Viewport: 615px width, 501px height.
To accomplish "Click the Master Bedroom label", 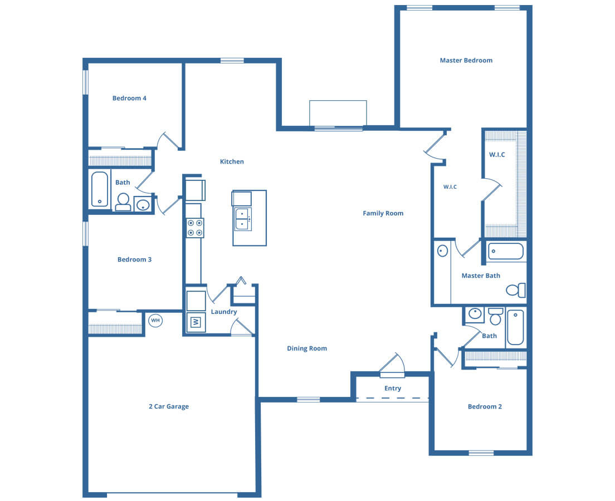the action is point(466,60).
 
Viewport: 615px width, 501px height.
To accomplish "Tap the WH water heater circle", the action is point(156,320).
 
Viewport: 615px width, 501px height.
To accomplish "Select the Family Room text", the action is point(383,213).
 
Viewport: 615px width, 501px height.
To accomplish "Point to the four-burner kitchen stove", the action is point(195,228).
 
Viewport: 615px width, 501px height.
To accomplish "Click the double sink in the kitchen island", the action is point(243,219).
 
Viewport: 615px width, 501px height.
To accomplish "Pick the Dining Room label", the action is point(307,348).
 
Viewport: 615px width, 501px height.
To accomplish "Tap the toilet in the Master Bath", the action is point(516,290).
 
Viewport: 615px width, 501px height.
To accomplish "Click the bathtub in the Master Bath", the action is point(506,252).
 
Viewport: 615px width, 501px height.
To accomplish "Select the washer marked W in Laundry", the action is point(196,322).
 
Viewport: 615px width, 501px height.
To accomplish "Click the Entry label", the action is point(393,389).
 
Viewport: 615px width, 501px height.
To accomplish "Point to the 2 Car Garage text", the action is point(169,406).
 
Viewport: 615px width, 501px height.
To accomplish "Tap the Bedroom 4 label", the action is point(129,99).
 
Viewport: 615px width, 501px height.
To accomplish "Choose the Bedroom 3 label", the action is point(134,259).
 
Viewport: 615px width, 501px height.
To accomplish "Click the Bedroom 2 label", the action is point(485,406).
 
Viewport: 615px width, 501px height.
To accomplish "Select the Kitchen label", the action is point(232,161).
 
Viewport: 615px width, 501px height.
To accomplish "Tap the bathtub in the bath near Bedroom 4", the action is point(100,189).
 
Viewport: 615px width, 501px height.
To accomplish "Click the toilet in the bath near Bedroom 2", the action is point(496,316).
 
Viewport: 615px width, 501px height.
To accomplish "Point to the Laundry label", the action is point(224,312).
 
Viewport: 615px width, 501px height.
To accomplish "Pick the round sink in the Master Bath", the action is point(442,251).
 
